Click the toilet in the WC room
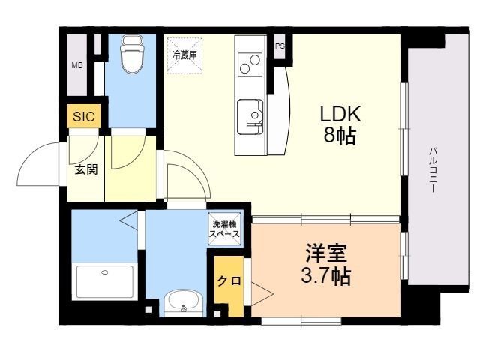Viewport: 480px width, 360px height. point(133,54)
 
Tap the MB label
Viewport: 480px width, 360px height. point(77,65)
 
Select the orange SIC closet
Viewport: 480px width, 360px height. point(84,115)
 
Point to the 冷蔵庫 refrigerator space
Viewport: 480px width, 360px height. point(184,55)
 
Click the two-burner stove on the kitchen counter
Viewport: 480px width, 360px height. point(250,64)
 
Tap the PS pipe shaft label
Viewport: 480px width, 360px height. point(280,46)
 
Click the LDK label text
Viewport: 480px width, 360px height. point(340,114)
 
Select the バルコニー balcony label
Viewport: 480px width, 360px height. point(433,170)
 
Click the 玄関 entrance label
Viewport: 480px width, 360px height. point(87,169)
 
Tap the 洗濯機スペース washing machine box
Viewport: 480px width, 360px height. point(224,229)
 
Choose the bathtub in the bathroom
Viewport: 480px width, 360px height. point(105,281)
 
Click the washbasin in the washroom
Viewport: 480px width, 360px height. point(183,301)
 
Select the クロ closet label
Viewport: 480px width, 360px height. point(229,280)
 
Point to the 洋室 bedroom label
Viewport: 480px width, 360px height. point(326,253)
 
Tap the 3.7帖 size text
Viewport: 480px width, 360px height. point(326,276)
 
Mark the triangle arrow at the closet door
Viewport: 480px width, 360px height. point(262,293)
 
